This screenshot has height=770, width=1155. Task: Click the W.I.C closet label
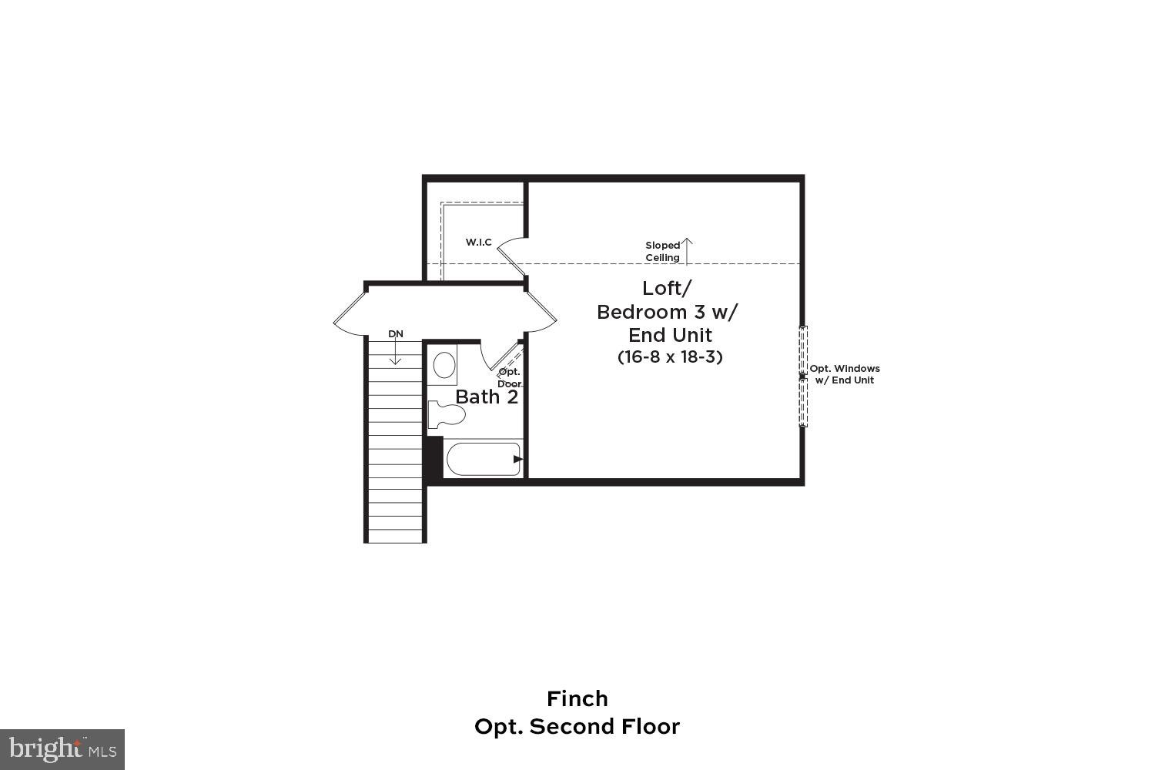click(478, 243)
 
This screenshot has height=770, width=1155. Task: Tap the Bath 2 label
click(487, 397)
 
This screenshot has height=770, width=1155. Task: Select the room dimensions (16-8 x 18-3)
click(670, 357)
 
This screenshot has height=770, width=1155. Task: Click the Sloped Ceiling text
click(662, 251)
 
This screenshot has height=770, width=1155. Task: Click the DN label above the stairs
click(395, 333)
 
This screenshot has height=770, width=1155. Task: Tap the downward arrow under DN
click(395, 353)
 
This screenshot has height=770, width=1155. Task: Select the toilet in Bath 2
click(446, 413)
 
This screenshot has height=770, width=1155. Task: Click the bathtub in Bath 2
click(484, 459)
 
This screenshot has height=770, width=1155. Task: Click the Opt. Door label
click(509, 377)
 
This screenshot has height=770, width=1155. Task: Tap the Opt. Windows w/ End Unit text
click(844, 374)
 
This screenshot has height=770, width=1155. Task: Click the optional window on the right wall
click(803, 376)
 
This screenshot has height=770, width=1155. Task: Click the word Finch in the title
click(577, 698)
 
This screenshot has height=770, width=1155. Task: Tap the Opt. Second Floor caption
click(577, 726)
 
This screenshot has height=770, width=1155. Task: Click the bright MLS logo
click(62, 748)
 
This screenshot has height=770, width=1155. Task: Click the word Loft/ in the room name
click(667, 288)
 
